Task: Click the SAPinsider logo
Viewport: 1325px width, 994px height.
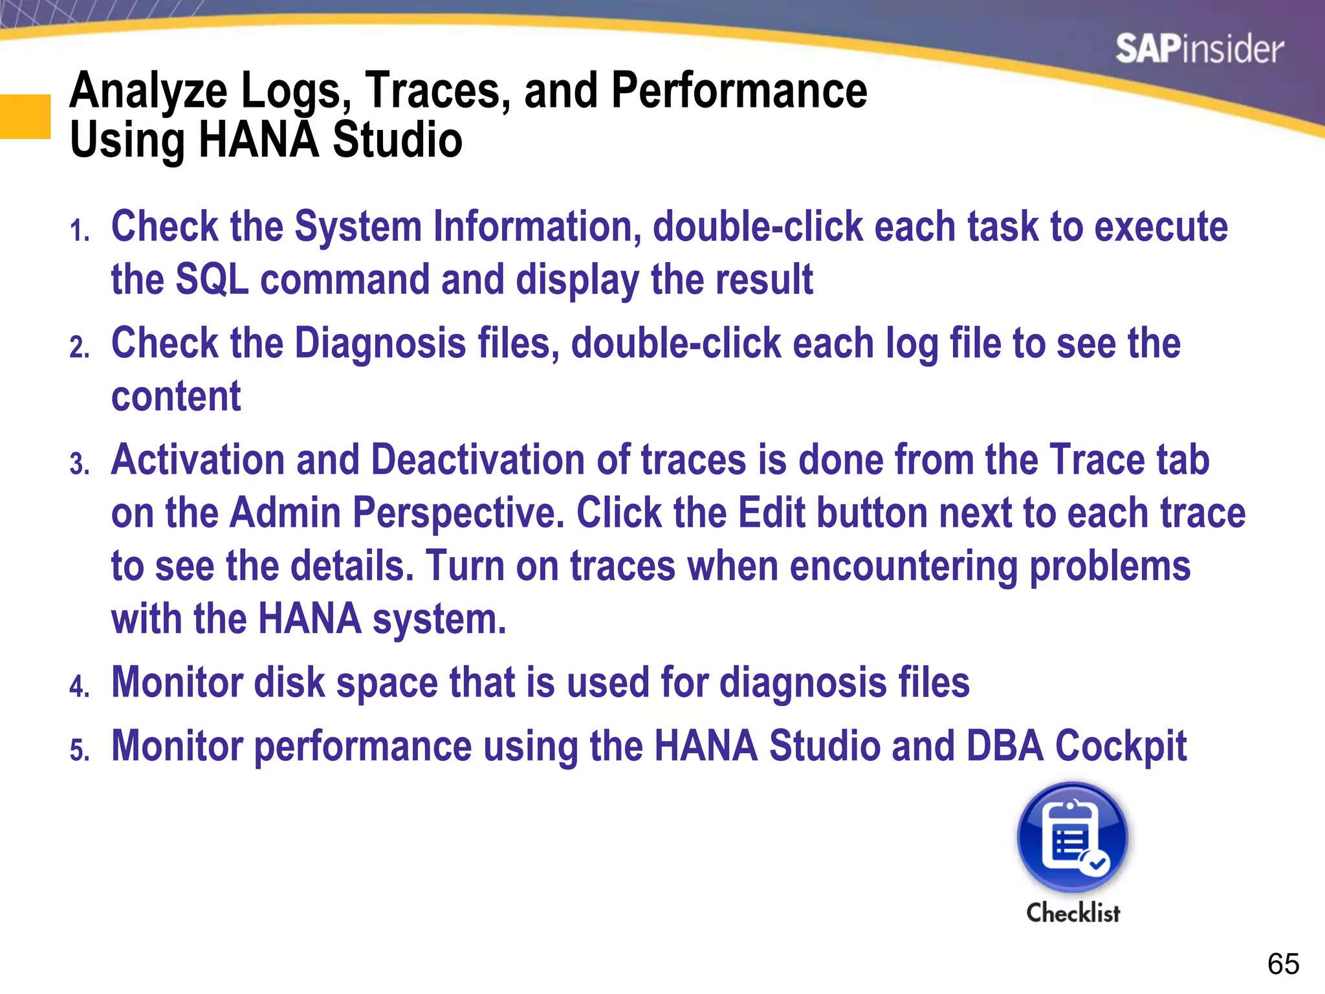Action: [x=1199, y=49]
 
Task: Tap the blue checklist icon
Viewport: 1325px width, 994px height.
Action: [x=1073, y=838]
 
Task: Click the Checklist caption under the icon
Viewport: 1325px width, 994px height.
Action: [x=1073, y=912]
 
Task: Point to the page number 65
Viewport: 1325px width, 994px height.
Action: [x=1283, y=964]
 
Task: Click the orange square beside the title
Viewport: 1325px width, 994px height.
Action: [x=25, y=116]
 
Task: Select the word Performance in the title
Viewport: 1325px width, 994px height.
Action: [x=739, y=91]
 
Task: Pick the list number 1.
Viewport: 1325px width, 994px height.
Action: [x=80, y=231]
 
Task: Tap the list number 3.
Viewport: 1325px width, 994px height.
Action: [x=80, y=464]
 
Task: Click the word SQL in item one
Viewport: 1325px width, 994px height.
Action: [x=212, y=280]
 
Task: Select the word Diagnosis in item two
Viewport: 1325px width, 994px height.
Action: [x=380, y=343]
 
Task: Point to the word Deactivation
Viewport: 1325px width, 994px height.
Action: [x=477, y=460]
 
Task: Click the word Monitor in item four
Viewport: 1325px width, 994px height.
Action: [x=177, y=683]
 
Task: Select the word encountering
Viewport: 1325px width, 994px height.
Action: [x=903, y=566]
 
